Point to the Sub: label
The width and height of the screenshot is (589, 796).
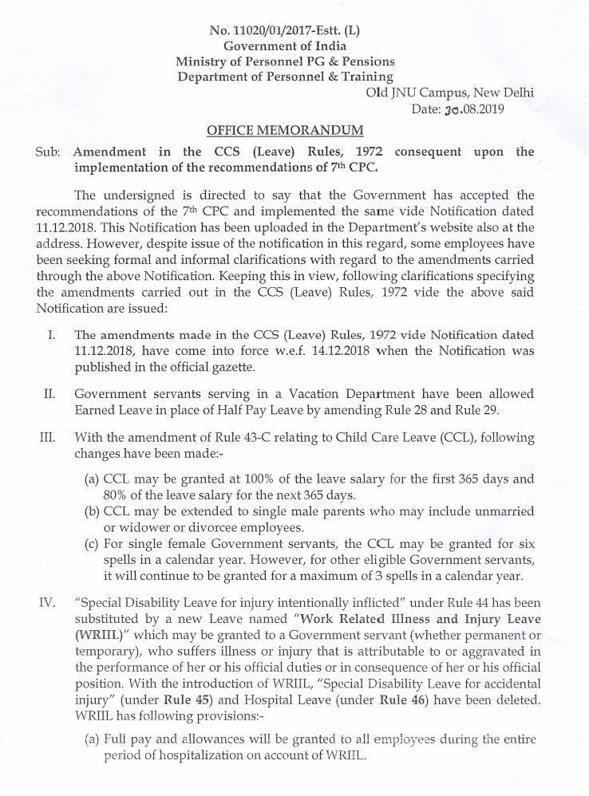(x=48, y=152)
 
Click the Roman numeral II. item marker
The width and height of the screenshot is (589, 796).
(x=49, y=393)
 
